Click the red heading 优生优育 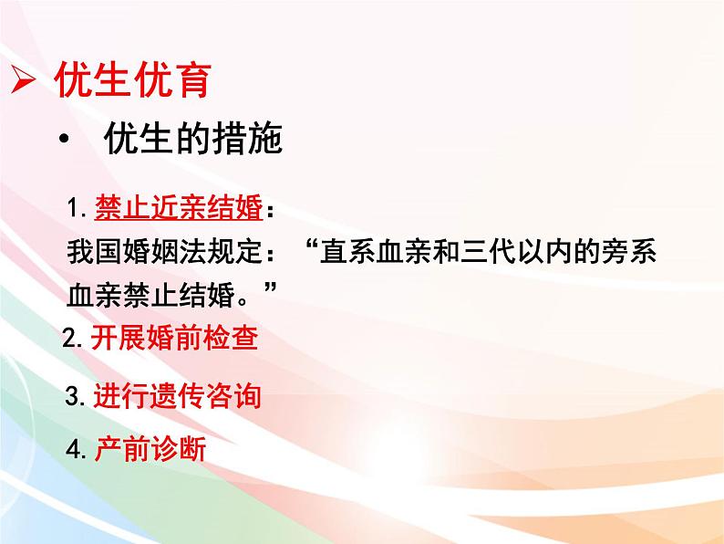click(133, 80)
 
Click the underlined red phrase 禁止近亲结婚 click(178, 209)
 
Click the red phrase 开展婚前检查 click(174, 340)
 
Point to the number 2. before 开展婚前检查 click(75, 340)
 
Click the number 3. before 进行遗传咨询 click(77, 396)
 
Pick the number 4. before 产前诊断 click(78, 449)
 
